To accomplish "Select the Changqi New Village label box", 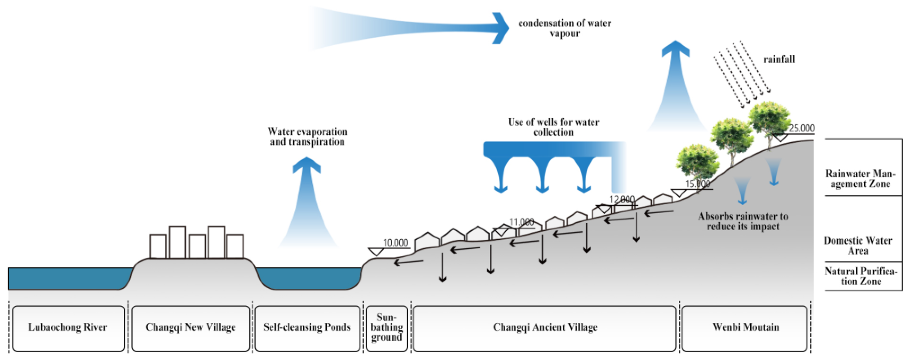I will pos(191,328).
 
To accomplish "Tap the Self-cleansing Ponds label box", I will pos(307,328).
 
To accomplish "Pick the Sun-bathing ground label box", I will pos(386,328).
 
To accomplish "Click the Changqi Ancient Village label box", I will pos(545,328).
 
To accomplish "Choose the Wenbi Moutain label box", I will pos(745,328).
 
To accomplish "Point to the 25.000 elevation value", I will pos(802,128).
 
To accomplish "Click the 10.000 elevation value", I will pos(395,243).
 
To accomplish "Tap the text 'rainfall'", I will pos(779,59).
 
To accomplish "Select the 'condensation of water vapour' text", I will pos(565,28).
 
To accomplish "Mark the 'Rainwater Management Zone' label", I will pos(860,179).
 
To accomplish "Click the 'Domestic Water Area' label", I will pos(858,246).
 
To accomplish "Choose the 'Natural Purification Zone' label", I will pos(861,276).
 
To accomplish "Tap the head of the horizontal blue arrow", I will pos(501,28).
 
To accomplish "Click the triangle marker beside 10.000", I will pos(376,252).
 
